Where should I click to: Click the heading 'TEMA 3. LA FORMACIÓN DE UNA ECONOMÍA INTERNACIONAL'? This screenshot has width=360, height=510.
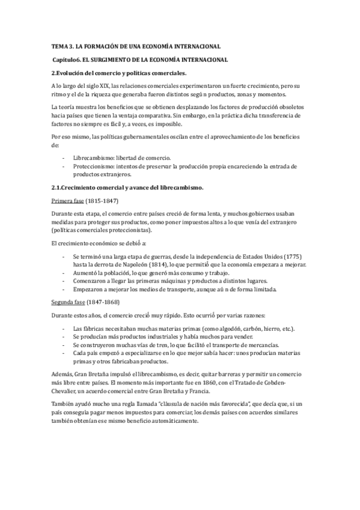(136, 46)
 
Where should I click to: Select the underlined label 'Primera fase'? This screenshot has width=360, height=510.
(67, 201)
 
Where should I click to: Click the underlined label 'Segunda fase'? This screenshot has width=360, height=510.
(68, 302)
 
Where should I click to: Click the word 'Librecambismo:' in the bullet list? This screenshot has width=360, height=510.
(93, 157)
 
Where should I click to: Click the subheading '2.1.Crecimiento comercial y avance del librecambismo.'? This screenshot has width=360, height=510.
(127, 188)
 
